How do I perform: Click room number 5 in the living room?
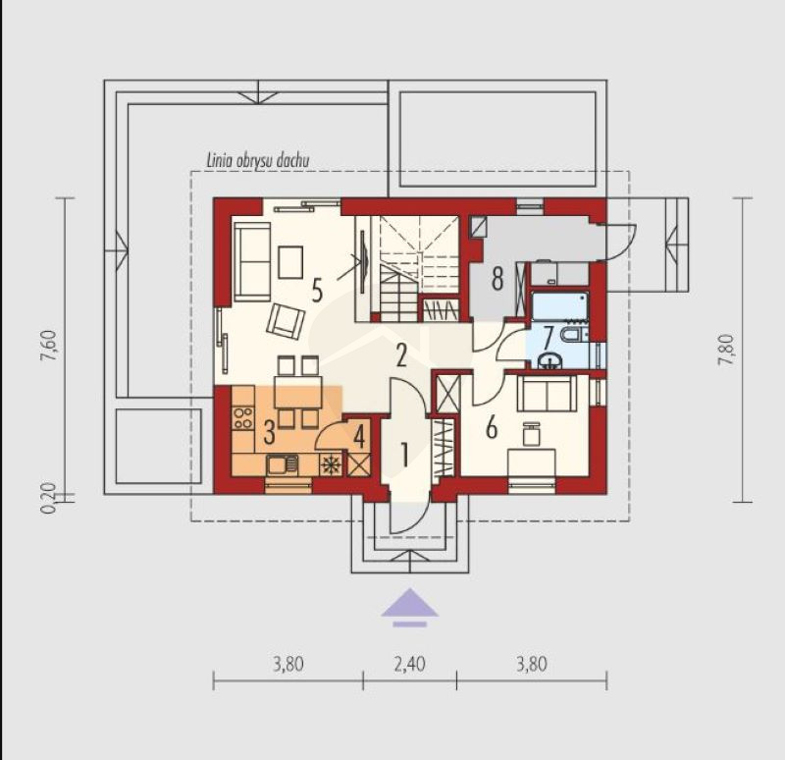tap(317, 290)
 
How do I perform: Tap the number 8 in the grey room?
tap(497, 279)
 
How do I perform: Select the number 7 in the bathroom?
tap(549, 337)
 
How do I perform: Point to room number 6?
tap(492, 428)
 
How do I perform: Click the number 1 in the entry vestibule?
tap(404, 455)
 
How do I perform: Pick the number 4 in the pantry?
tap(359, 437)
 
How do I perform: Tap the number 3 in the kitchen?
tap(269, 432)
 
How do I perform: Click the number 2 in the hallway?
tap(401, 355)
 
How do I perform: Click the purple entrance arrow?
tap(409, 607)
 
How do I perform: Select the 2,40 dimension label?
tap(409, 665)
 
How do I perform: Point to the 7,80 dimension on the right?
tap(726, 350)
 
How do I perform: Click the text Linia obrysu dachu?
tap(258, 160)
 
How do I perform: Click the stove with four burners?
tap(243, 418)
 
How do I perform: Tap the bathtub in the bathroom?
tap(559, 306)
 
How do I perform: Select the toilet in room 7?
tap(576, 334)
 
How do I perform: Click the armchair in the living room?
tap(286, 322)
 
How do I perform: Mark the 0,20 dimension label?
tap(48, 499)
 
